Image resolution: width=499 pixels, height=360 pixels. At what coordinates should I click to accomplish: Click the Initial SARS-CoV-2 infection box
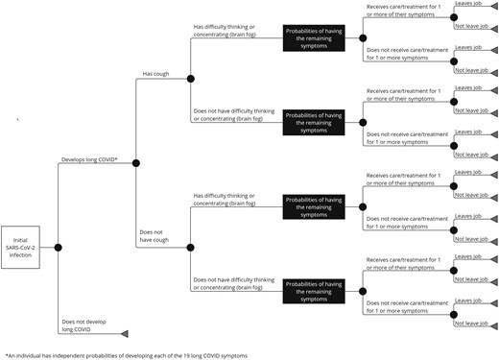pos(20,247)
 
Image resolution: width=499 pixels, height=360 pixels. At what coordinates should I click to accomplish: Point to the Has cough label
pos(157,74)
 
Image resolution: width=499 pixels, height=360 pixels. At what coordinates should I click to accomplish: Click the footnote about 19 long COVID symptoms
pos(125,355)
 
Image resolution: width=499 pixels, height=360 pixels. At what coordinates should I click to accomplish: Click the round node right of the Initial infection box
pos(59,248)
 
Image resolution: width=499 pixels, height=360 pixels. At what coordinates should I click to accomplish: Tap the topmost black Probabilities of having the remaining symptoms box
pos(319,36)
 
